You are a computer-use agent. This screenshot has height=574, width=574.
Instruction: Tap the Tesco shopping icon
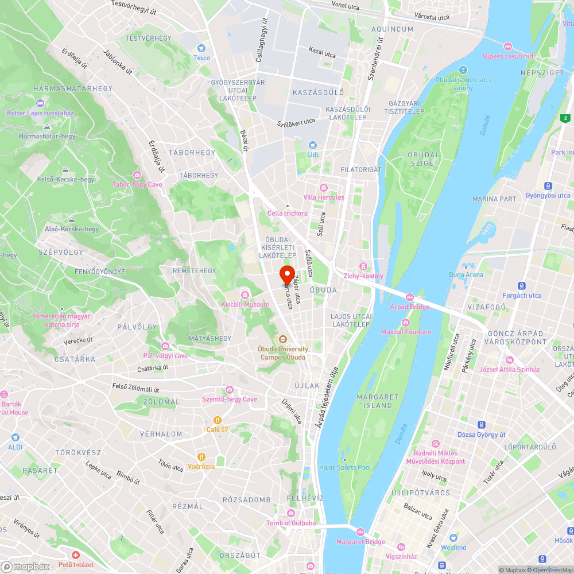coord(201,48)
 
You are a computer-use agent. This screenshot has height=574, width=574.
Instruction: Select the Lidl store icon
coord(312,146)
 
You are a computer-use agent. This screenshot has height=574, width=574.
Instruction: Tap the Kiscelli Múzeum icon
coord(245,295)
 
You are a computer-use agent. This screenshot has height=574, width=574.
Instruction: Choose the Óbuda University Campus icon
coord(284,339)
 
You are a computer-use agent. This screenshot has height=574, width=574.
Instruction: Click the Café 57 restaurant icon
coord(218,420)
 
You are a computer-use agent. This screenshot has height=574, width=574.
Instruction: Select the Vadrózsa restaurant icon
coord(201,457)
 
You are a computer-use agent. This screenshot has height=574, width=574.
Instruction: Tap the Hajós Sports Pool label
coord(345,467)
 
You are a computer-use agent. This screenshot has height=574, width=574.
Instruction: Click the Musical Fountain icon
coord(406,323)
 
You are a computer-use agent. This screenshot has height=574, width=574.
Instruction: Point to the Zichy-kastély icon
coord(363,266)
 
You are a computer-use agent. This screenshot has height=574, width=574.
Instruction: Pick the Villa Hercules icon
coord(323,188)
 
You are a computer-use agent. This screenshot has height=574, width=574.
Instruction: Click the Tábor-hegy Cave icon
coord(137,175)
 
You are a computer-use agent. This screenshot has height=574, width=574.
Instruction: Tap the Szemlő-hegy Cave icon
coord(230,390)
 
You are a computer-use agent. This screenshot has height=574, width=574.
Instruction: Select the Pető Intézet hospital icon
coord(76,555)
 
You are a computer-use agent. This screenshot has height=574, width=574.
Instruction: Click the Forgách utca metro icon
coord(522,286)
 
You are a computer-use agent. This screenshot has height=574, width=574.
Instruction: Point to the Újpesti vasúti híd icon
coord(508,46)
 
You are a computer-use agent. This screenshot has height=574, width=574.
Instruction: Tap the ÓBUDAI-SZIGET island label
coord(423,159)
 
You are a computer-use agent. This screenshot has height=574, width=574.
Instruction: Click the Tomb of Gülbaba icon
coord(291,513)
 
